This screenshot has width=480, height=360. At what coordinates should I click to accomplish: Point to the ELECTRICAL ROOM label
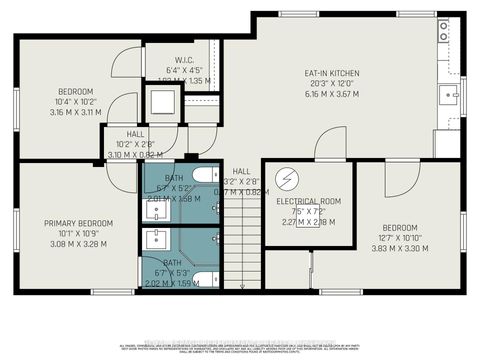[x=309, y=201]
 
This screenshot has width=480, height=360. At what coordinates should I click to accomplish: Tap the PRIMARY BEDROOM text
[x=78, y=223]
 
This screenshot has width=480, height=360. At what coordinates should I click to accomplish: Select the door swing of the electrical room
[x=331, y=145]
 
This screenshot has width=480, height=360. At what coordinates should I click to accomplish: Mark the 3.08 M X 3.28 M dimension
[x=78, y=244]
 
